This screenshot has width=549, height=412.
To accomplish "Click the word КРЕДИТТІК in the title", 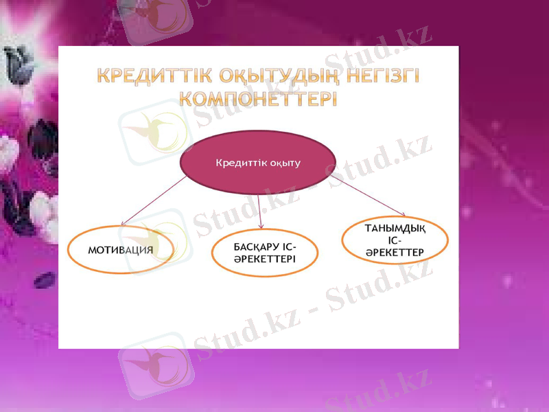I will pos(147,75).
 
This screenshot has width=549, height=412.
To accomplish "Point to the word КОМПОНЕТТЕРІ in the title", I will pos(258,98).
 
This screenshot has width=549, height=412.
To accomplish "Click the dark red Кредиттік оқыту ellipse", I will pos(257,163).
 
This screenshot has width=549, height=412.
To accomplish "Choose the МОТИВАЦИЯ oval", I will pos(121,249).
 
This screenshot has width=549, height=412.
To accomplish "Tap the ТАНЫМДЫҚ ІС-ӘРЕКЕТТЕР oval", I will pos(395,240).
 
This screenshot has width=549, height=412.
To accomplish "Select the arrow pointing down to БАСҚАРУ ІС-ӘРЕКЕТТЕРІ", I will pos(259,211).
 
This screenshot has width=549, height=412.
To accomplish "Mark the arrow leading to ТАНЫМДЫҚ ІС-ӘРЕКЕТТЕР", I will pos(371,198).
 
